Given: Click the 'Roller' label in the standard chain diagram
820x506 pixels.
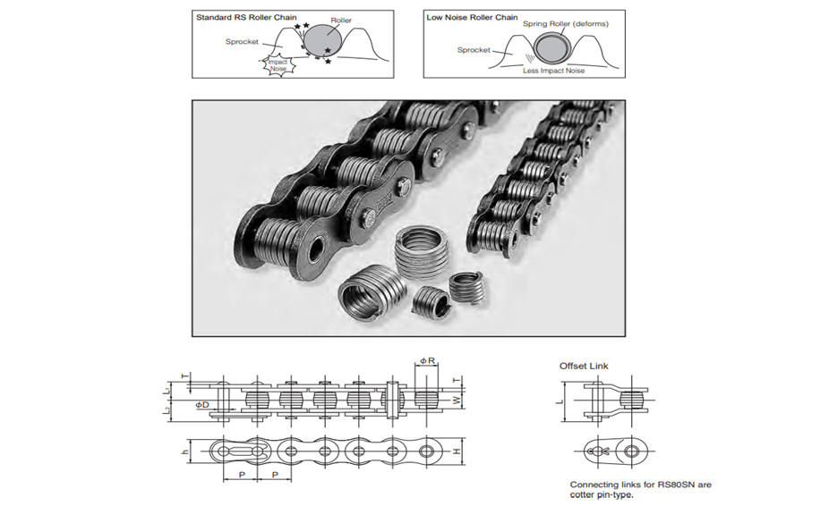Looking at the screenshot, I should [341, 20].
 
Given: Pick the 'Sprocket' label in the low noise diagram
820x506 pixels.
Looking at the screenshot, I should [474, 50].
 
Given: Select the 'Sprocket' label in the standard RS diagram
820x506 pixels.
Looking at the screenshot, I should [243, 41].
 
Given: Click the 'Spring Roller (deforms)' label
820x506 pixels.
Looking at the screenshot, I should [566, 24].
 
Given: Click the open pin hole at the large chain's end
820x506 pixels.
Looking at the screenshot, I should [314, 249].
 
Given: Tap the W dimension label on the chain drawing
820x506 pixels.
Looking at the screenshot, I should [456, 399].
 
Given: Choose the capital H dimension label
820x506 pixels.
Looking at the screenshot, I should [457, 452].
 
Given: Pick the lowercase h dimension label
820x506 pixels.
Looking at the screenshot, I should [185, 452].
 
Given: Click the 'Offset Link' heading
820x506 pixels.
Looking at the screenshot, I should [583, 366].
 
